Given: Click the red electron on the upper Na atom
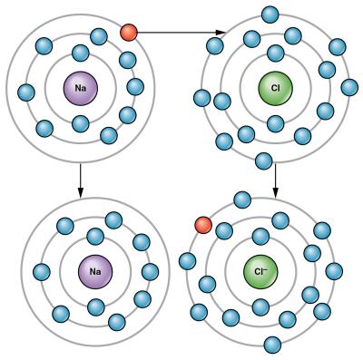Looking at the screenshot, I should point(129,33).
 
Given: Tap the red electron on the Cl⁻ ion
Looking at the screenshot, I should point(203,224).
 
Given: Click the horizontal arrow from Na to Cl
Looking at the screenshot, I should point(177,33).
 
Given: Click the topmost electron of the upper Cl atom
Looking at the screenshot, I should point(270,14).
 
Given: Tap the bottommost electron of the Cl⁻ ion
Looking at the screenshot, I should point(272,345).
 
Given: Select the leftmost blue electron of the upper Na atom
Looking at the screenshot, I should point(26,92).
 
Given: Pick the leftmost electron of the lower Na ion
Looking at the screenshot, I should point(41,271).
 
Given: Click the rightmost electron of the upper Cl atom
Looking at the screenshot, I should point(349,87).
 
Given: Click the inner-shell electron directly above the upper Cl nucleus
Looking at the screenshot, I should point(269,54).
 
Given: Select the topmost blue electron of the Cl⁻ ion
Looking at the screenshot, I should point(242,199).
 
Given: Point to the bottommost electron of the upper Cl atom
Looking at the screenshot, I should point(264,161).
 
